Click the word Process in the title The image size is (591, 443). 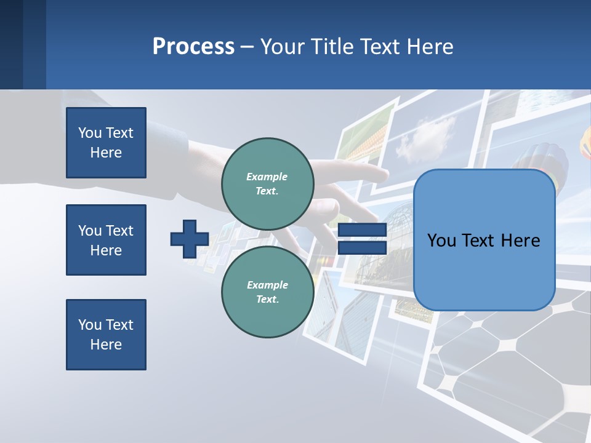193,47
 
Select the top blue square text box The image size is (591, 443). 106,143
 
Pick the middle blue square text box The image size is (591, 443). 106,240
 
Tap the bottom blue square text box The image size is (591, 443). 106,335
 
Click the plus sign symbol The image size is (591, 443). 190,239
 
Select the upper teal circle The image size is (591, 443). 268,184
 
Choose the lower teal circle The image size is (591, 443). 268,292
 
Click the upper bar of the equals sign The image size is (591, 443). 362,230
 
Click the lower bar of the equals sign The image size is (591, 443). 362,248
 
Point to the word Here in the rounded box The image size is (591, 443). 520,241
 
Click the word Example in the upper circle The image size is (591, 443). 267,177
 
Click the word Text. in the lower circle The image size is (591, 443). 268,300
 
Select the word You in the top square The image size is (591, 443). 90,133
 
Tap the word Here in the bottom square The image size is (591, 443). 106,345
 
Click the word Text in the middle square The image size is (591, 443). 119,231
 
